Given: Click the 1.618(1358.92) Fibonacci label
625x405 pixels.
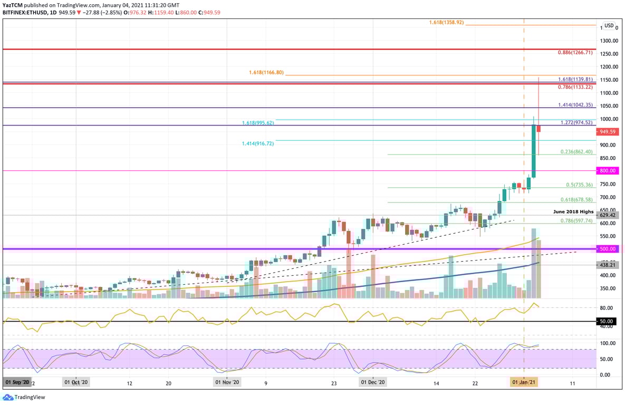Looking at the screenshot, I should click(x=446, y=23).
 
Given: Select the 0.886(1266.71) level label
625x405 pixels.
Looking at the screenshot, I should click(x=575, y=53).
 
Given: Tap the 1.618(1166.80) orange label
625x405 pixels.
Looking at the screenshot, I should click(x=266, y=72).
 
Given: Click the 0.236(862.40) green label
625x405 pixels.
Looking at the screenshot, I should click(x=576, y=151).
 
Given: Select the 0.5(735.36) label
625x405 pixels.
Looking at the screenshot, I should click(x=580, y=185).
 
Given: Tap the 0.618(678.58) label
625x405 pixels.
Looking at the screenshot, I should click(x=576, y=200).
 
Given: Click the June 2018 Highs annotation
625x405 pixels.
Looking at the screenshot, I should click(x=573, y=211).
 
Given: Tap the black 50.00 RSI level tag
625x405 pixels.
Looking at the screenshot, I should click(x=607, y=321).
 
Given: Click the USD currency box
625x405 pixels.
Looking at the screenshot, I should click(x=609, y=25).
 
